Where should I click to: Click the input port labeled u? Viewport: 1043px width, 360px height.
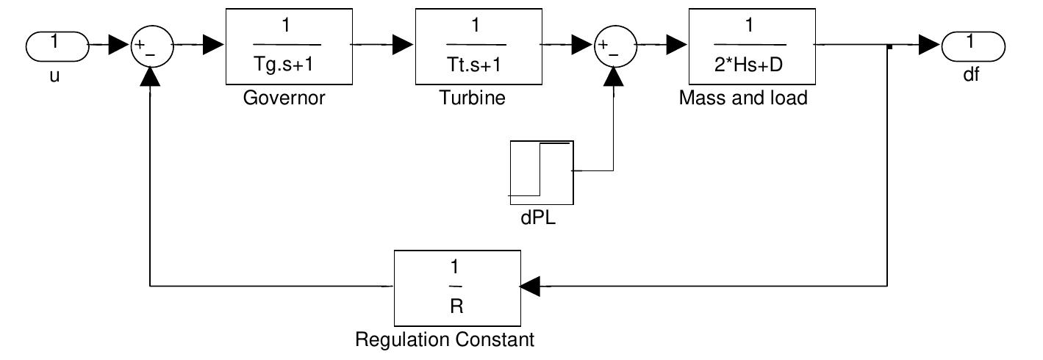tap(57, 46)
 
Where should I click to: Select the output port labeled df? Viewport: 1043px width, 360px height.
tap(972, 46)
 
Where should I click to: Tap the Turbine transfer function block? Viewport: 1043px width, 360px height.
tap(473, 46)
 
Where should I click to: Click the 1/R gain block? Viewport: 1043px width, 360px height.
tap(456, 287)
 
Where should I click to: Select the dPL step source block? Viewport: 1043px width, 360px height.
tap(541, 173)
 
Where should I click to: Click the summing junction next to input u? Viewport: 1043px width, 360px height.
tap(151, 46)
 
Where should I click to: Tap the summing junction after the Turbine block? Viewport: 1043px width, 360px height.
tap(614, 46)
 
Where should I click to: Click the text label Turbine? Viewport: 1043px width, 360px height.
tap(473, 98)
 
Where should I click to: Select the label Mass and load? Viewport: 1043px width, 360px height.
tap(742, 98)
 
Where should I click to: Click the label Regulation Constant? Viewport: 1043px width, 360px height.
tap(445, 340)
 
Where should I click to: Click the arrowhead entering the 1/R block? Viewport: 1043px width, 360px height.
tap(530, 287)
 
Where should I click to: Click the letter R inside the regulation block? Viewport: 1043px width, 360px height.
tap(456, 306)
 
